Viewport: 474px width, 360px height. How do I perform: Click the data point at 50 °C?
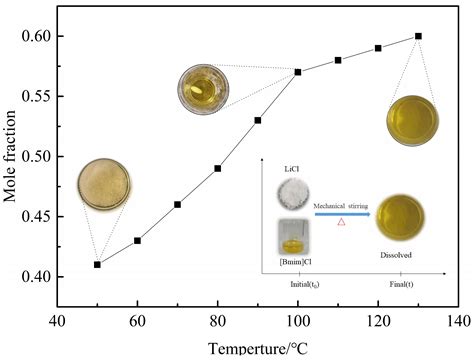point(97,265)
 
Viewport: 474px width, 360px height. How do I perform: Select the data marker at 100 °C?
point(298,72)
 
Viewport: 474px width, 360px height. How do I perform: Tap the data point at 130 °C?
point(418,36)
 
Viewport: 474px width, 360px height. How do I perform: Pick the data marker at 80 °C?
point(217,168)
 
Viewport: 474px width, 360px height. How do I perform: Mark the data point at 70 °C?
point(177,204)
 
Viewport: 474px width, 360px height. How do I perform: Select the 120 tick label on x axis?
point(377,322)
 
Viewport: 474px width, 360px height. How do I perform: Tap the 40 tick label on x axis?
point(57,322)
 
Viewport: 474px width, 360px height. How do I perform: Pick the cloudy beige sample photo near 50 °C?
point(104,186)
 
